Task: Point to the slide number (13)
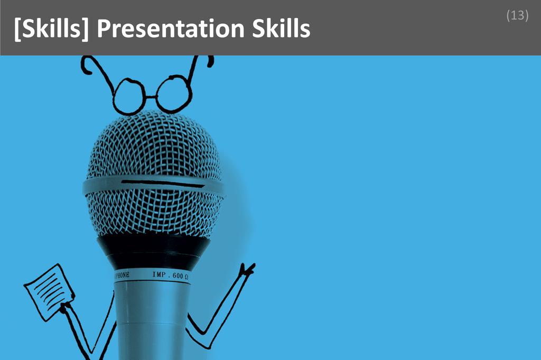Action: click(517, 16)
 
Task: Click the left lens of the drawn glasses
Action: click(128, 97)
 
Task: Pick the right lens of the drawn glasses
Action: click(174, 93)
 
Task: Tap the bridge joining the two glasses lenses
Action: click(151, 97)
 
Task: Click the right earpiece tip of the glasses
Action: click(210, 61)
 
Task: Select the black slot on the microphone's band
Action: click(161, 184)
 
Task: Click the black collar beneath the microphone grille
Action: click(153, 250)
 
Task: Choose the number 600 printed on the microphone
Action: click(178, 276)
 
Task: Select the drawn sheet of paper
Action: click(49, 291)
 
